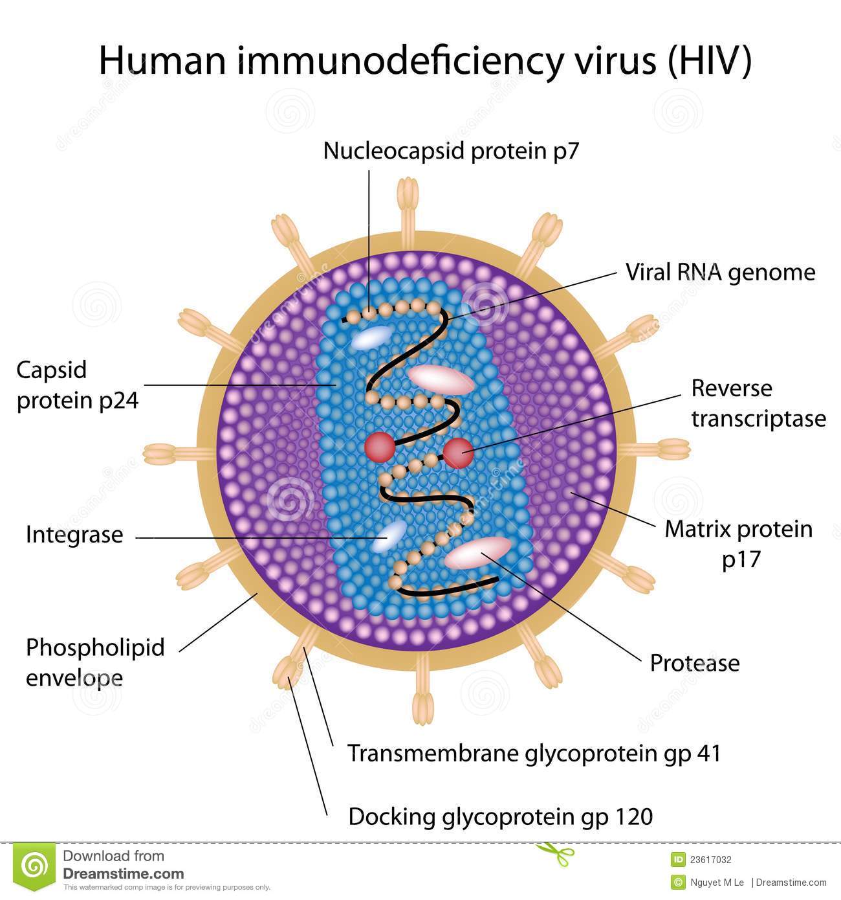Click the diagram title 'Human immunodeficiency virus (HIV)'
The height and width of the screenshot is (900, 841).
click(425, 61)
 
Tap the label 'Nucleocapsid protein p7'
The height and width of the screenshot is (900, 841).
click(451, 151)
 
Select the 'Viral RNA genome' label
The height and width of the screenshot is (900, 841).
click(721, 273)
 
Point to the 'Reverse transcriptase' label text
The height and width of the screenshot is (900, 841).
click(759, 404)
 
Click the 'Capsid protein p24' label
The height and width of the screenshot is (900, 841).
click(78, 386)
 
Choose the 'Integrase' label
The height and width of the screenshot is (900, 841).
click(75, 535)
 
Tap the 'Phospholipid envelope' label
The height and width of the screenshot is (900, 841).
click(95, 662)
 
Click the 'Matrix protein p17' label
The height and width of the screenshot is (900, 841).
click(739, 545)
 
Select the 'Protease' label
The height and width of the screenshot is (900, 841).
click(695, 664)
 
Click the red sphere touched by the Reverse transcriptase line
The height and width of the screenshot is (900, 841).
click(458, 453)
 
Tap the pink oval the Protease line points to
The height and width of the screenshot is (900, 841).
click(477, 554)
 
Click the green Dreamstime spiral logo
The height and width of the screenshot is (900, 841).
click(34, 866)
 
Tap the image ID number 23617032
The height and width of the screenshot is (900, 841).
click(711, 860)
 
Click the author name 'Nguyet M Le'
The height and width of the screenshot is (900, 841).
click(717, 883)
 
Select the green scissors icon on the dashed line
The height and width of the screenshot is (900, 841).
click(555, 854)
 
